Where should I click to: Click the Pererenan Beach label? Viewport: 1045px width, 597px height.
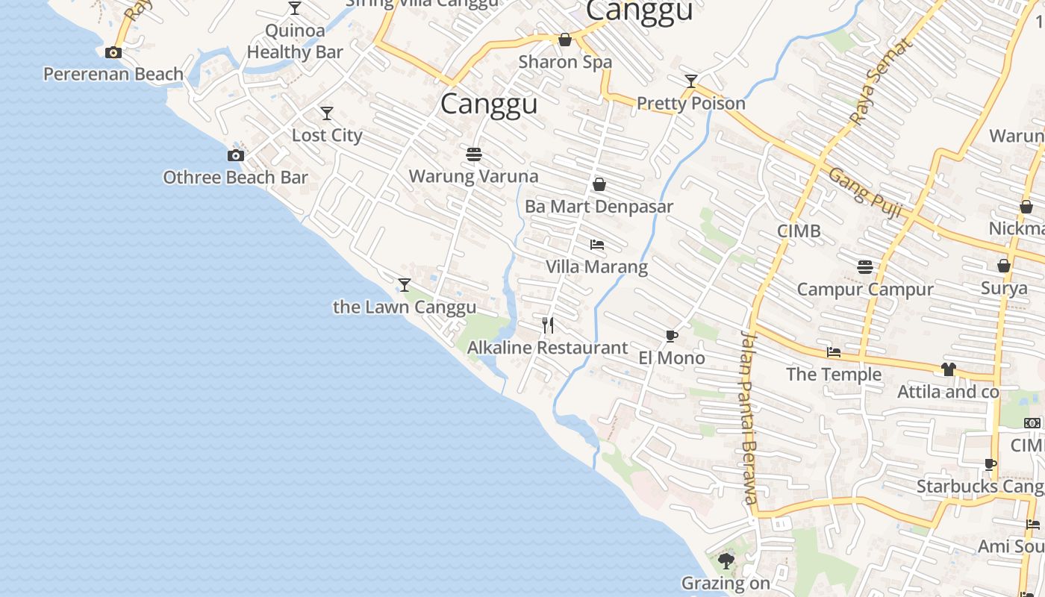tap(113, 74)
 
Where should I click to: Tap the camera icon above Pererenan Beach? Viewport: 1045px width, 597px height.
tap(113, 52)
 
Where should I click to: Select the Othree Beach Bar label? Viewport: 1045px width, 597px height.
tap(235, 178)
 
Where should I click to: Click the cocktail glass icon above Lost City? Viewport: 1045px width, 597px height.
tap(327, 113)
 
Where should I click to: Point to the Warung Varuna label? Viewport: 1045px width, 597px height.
tap(473, 177)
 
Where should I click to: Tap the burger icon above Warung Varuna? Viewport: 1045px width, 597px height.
tap(473, 154)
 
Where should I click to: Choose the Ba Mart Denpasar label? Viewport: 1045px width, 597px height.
tap(599, 207)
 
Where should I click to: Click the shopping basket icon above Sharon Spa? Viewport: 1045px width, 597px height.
tap(565, 40)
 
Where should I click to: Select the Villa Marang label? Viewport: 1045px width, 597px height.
tap(596, 266)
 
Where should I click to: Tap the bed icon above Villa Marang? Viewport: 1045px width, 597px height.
tap(596, 244)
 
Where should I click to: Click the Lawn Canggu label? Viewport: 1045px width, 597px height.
tap(405, 307)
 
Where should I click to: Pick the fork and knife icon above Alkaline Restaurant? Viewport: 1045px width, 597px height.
tap(548, 325)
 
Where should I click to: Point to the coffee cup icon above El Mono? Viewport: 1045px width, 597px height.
tap(672, 336)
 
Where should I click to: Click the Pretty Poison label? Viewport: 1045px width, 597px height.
tap(691, 103)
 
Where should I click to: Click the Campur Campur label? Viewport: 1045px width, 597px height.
tap(865, 290)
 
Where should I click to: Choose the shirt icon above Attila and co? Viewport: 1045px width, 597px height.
tap(948, 369)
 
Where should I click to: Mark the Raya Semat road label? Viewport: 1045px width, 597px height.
tap(881, 82)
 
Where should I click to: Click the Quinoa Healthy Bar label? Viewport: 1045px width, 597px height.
tap(295, 41)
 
